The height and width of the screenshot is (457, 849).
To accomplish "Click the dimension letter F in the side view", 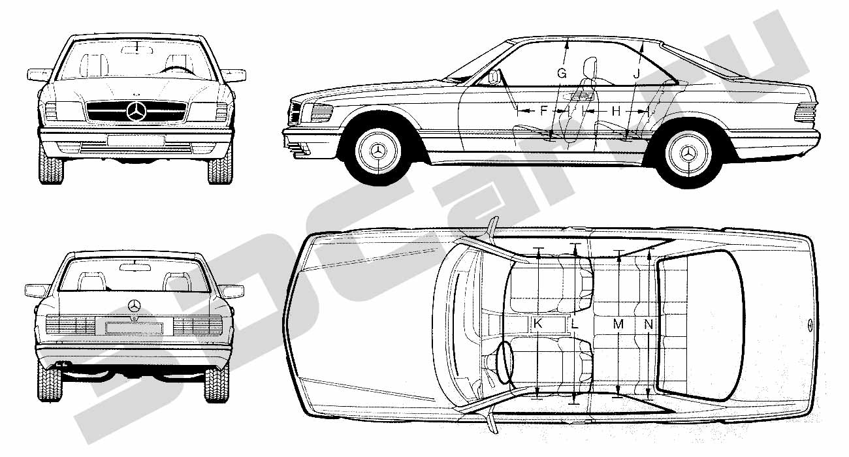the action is click(544, 110).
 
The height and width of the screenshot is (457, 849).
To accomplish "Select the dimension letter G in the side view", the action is click(562, 73).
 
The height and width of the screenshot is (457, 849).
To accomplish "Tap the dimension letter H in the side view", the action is click(617, 111).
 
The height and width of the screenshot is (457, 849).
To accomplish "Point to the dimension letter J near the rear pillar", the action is click(636, 74).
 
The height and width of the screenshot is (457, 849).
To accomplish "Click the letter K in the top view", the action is click(537, 324).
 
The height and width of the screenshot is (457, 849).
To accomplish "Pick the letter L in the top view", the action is click(575, 324).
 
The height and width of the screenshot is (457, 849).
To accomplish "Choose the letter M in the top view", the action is click(618, 324).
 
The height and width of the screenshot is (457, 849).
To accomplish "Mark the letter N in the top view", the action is click(649, 324).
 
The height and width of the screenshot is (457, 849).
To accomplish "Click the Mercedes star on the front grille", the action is click(136, 111).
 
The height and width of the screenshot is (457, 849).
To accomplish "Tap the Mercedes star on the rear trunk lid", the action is click(134, 306).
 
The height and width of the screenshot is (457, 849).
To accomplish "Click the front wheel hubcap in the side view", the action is click(378, 151).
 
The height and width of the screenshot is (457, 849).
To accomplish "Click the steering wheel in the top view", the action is click(504, 362).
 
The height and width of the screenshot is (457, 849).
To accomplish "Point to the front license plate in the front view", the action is click(135, 140).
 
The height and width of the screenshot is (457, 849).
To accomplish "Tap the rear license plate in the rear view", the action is click(134, 328).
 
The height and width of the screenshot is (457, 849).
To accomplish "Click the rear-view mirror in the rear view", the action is click(135, 267).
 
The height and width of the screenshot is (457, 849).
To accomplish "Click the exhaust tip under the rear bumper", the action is click(60, 364).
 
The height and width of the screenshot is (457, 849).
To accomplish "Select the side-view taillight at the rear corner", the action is click(805, 112).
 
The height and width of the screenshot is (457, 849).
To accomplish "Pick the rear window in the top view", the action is click(699, 325).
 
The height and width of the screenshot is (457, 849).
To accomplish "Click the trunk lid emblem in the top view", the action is click(808, 326).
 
